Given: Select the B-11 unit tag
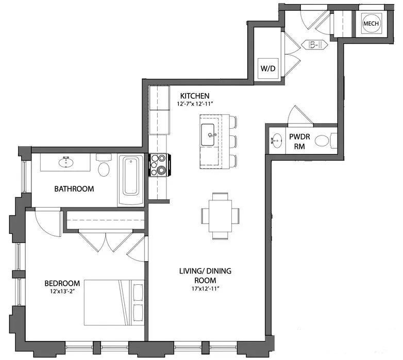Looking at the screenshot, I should click(x=315, y=45).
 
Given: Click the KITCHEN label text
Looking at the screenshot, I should click(x=194, y=96).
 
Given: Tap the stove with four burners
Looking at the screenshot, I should click(x=159, y=165).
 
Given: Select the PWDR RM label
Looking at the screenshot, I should click(x=299, y=141).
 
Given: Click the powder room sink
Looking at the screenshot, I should click(x=277, y=140).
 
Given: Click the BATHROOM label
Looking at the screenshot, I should click(x=74, y=189).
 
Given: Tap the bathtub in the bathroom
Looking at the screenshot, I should click(x=132, y=176).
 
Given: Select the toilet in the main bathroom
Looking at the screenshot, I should click(x=104, y=167).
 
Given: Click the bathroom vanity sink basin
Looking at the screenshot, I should click(x=65, y=162).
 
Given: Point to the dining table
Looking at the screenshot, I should click(x=221, y=215).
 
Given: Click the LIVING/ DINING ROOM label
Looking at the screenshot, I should click(x=197, y=276).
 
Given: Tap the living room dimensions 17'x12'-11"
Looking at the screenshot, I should click(x=197, y=289).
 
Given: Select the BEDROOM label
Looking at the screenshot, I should click(x=62, y=283).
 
